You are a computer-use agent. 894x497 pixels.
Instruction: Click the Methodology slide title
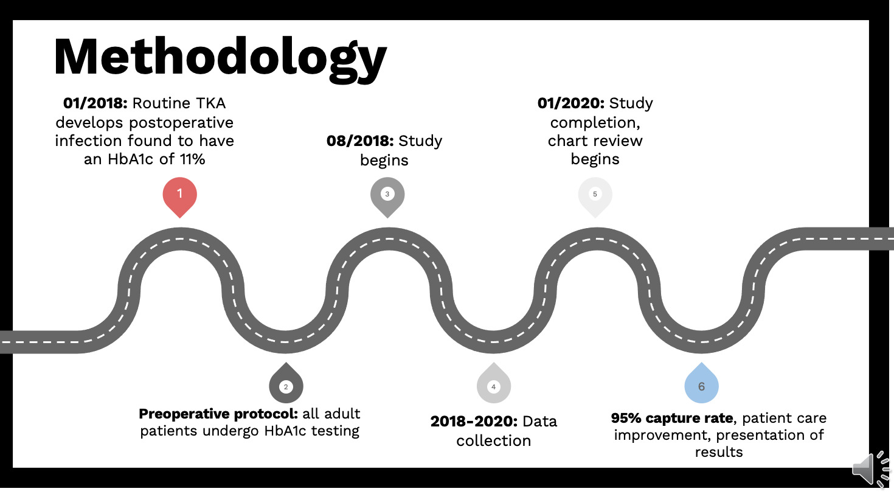point(220,57)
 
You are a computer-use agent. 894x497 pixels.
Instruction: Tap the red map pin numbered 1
point(180,195)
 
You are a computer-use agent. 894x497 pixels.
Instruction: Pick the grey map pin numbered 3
point(387,195)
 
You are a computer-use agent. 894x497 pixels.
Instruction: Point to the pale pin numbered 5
point(595,195)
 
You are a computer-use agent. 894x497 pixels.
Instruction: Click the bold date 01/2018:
point(95,103)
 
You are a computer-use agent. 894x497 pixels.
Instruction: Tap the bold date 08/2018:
point(359,141)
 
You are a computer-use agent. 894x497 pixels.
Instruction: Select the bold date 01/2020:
point(570,103)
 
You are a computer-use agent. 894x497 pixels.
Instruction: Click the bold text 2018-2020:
point(474,422)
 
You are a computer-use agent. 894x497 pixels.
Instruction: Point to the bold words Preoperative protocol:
point(218,414)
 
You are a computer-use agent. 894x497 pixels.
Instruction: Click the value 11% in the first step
point(192,159)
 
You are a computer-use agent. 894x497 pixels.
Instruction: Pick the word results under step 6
point(719,452)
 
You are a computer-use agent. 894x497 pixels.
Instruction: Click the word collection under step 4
point(493,441)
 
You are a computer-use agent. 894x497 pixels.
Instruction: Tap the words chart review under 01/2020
point(595,141)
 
